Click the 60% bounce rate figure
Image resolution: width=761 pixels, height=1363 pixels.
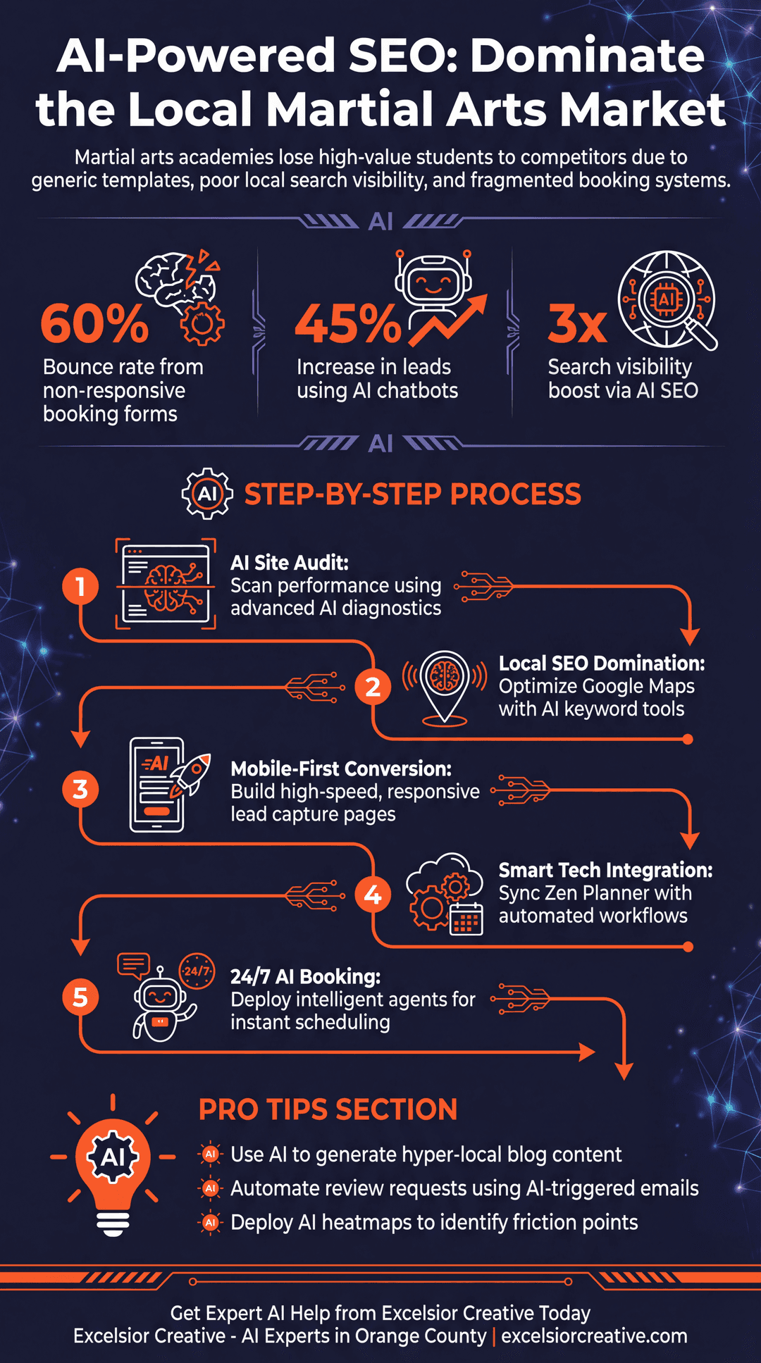click(94, 323)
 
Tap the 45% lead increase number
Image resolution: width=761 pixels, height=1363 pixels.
click(348, 323)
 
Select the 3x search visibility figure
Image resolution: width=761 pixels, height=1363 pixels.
click(578, 323)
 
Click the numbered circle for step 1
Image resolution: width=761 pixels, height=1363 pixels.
click(80, 586)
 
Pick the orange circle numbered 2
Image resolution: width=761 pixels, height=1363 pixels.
click(373, 686)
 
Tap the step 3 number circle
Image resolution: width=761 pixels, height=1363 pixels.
click(80, 790)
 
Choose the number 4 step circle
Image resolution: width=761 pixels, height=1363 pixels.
click(373, 895)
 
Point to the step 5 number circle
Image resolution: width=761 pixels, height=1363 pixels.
click(80, 997)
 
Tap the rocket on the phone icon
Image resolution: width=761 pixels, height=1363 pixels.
click(191, 775)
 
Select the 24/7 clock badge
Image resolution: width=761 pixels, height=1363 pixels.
click(197, 971)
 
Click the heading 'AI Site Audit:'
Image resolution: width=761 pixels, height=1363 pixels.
click(290, 563)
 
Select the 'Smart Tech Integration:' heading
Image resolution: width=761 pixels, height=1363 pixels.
click(606, 871)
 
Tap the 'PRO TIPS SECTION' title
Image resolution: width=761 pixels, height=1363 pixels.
click(328, 1109)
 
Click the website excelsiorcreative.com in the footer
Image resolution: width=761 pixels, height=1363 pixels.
click(594, 1336)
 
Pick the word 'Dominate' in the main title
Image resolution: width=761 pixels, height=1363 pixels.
click(588, 56)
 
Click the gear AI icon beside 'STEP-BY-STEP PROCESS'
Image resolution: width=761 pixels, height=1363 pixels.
click(207, 494)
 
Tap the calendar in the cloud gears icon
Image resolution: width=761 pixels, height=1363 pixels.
click(466, 919)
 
